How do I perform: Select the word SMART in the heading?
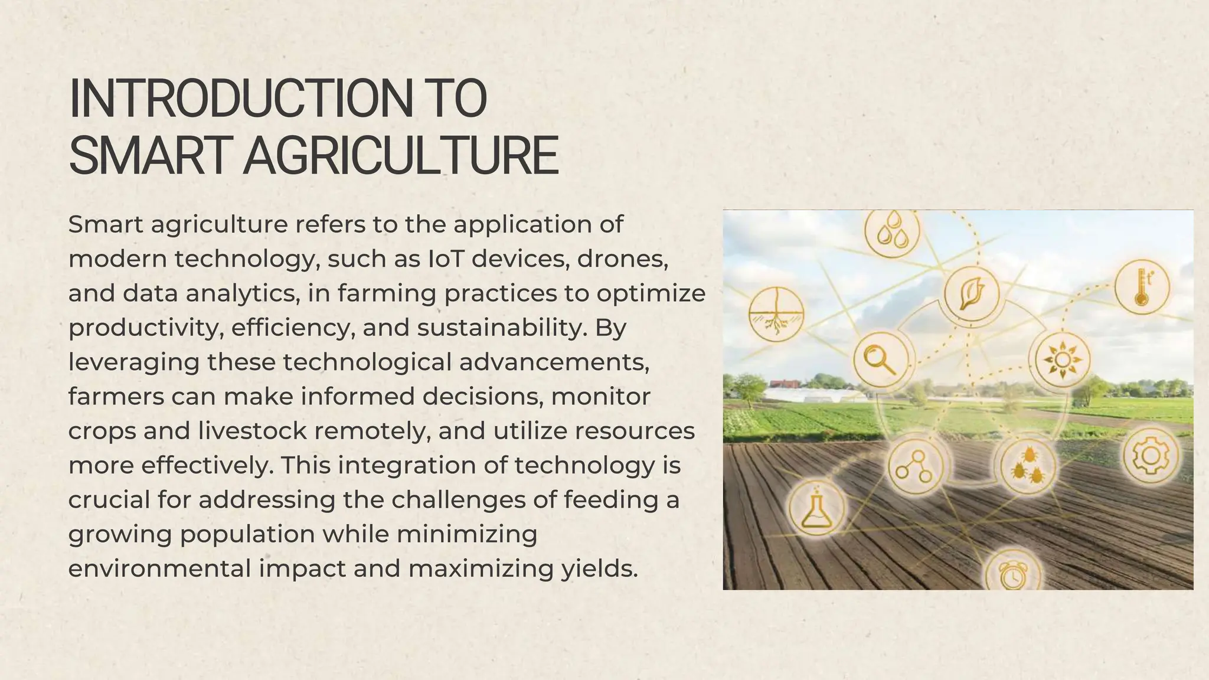click(x=148, y=156)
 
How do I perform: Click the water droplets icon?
click(x=892, y=231)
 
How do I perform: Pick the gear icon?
click(x=1150, y=456)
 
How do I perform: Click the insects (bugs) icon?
click(x=1028, y=465)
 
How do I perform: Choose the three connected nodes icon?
click(x=914, y=466)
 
